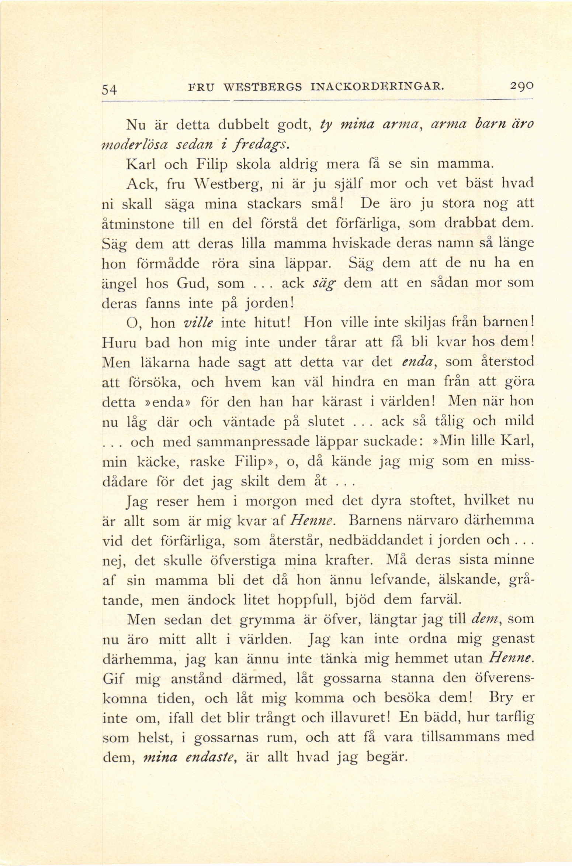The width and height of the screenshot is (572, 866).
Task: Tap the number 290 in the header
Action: [x=521, y=87]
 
